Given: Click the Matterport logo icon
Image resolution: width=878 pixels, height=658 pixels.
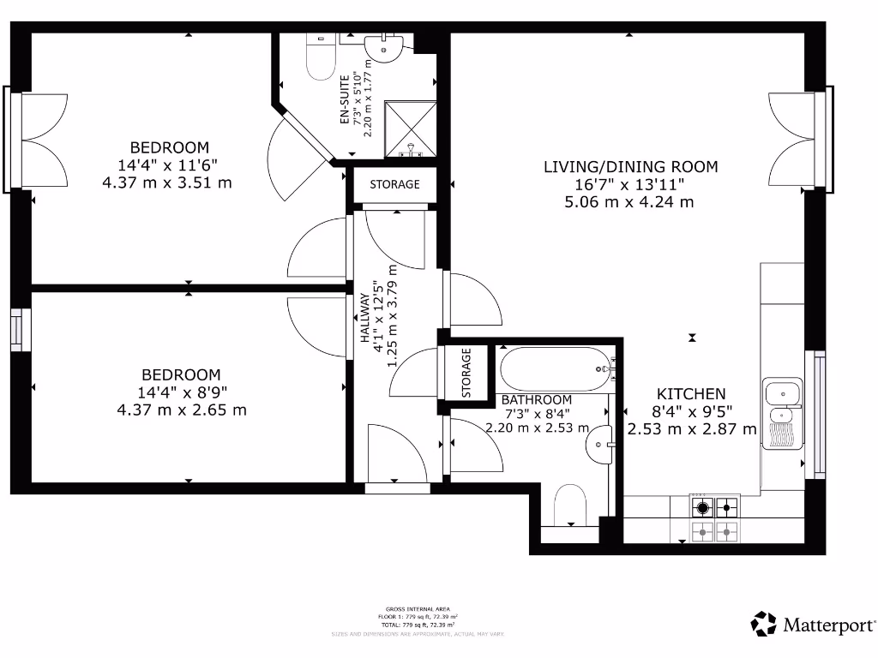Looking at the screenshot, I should point(764,624).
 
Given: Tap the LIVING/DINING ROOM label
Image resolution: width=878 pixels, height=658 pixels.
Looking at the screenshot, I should point(630,167).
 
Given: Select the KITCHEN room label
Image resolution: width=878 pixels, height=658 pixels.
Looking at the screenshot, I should point(692,393).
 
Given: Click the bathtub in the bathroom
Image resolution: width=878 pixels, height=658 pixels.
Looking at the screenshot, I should point(554,368).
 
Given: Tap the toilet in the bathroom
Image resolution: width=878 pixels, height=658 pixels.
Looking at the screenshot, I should point(569,505).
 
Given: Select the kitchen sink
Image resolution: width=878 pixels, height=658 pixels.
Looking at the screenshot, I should point(783,408).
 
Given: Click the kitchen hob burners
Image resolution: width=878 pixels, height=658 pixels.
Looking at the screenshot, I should point(715,519).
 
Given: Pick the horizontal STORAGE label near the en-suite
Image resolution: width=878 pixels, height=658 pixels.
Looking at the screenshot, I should point(394,184).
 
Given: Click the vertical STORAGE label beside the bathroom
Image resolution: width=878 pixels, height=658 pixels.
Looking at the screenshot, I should point(466,373).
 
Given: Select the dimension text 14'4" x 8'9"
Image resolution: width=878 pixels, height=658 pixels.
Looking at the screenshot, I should point(181,392).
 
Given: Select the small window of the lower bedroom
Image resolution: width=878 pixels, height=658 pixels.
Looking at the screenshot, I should point(20,329).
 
